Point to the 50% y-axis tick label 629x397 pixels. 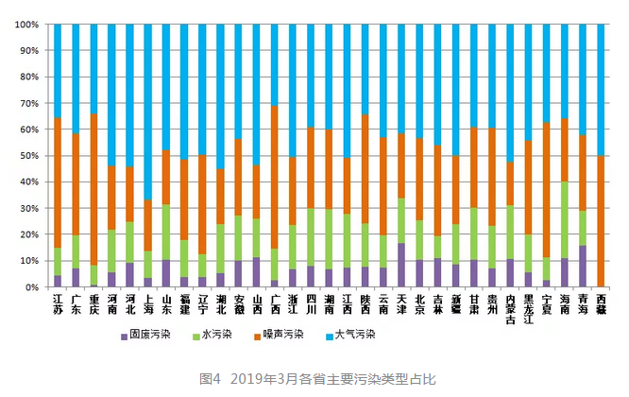pos(28,155)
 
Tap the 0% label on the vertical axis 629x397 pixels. pos(31,286)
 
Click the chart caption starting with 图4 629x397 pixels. pos(314,378)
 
